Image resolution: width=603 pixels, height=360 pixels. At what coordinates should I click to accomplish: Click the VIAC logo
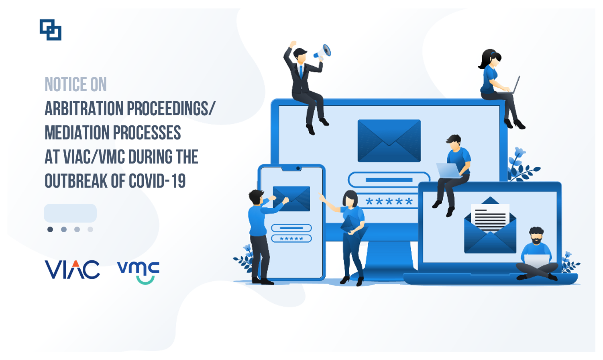(x=72, y=270)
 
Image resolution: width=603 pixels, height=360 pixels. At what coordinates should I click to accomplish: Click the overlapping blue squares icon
(x=50, y=30)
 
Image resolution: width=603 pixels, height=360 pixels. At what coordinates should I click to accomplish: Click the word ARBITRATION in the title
(x=84, y=108)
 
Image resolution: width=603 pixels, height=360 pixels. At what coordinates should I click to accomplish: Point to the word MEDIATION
(x=77, y=133)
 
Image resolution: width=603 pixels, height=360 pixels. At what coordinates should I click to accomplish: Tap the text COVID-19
(x=157, y=181)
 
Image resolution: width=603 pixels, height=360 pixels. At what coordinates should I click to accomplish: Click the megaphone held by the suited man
(x=322, y=52)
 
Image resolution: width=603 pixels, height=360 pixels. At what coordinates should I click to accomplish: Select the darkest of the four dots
(x=50, y=229)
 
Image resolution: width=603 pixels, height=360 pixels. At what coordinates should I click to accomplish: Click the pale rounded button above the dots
(x=70, y=213)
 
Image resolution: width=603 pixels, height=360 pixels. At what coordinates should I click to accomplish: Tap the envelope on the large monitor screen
(x=389, y=141)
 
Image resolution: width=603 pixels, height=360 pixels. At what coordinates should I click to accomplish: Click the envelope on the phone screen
(x=291, y=198)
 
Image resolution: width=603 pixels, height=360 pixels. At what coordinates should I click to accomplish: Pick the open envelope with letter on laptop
(x=490, y=226)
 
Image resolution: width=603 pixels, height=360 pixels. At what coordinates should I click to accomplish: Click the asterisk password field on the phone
(x=291, y=239)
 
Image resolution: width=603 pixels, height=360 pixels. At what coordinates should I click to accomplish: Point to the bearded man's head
(x=536, y=235)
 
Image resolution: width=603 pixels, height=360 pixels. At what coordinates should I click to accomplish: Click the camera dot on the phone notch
(x=298, y=168)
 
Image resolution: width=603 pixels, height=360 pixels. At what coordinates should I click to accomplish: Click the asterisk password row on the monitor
(x=389, y=201)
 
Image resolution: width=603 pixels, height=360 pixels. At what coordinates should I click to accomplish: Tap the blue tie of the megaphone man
(x=301, y=71)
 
